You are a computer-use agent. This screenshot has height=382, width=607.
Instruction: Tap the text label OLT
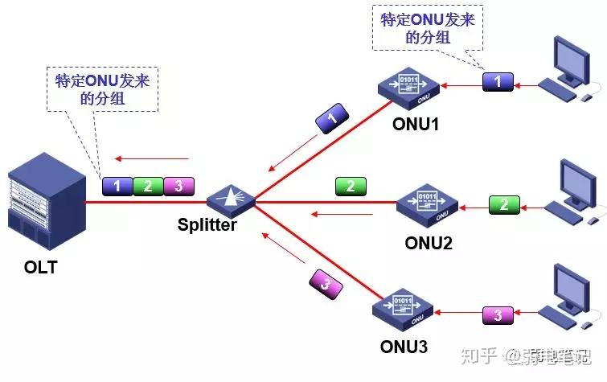[40, 267]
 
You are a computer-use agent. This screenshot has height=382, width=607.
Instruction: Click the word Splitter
[207, 224]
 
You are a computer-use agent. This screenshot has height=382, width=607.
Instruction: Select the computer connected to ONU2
[576, 191]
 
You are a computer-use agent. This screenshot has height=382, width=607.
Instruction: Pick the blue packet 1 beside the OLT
[117, 187]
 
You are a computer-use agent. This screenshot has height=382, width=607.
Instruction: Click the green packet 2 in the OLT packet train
[148, 187]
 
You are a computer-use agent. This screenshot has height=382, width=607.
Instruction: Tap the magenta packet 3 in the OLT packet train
[178, 187]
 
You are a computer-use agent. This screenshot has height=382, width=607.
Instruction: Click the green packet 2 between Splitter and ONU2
[351, 187]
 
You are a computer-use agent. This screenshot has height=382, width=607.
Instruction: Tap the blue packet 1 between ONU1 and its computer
[498, 81]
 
